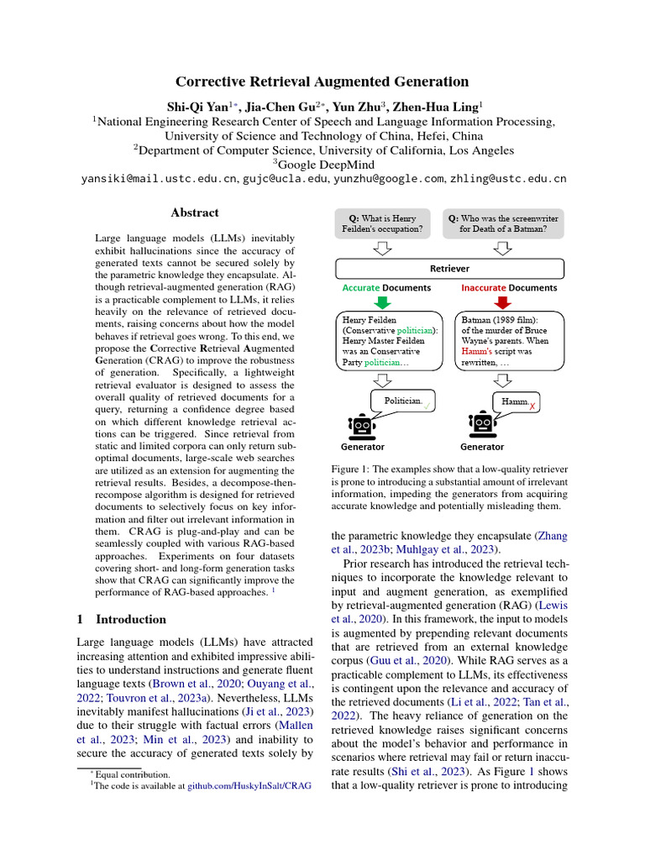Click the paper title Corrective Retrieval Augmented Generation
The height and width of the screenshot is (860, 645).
point(322,81)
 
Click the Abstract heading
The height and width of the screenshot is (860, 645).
point(195,212)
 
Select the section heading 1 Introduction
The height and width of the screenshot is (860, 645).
point(121,619)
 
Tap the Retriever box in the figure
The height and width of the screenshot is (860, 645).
point(449,269)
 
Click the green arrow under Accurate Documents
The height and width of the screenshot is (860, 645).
point(383,302)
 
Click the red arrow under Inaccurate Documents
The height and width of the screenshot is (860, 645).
point(504,302)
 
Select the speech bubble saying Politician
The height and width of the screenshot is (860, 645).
point(405,401)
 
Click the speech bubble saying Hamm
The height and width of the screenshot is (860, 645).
point(514,402)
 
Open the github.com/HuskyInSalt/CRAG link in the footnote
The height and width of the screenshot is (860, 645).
point(249,785)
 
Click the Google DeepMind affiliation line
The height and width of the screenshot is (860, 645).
point(322,164)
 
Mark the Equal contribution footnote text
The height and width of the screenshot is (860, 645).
point(132,773)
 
